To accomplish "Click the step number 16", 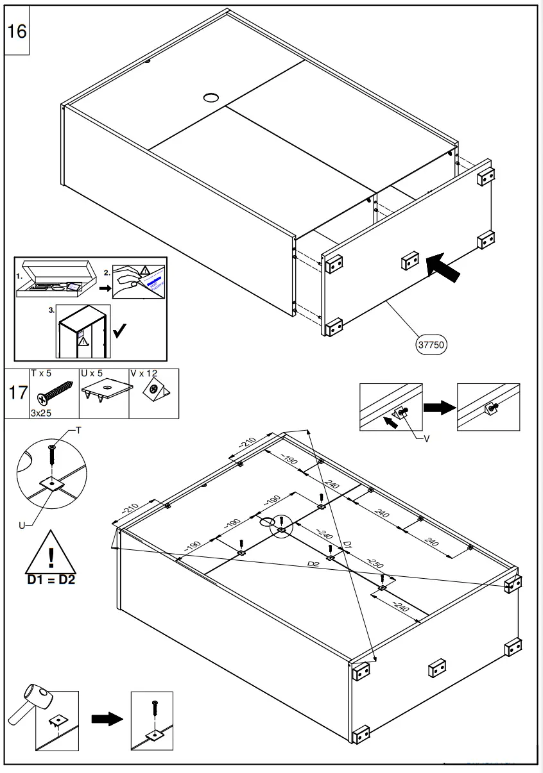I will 17,31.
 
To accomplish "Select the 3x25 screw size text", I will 41,413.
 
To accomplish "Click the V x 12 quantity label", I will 144,373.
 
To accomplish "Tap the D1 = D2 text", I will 51,581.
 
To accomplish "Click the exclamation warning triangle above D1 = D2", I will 51,553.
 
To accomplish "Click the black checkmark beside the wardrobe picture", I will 119,331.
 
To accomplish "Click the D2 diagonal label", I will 313,564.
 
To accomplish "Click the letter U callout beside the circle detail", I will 22,525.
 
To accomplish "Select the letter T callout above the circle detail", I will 78,431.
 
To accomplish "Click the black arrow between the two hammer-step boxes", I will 107,719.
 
